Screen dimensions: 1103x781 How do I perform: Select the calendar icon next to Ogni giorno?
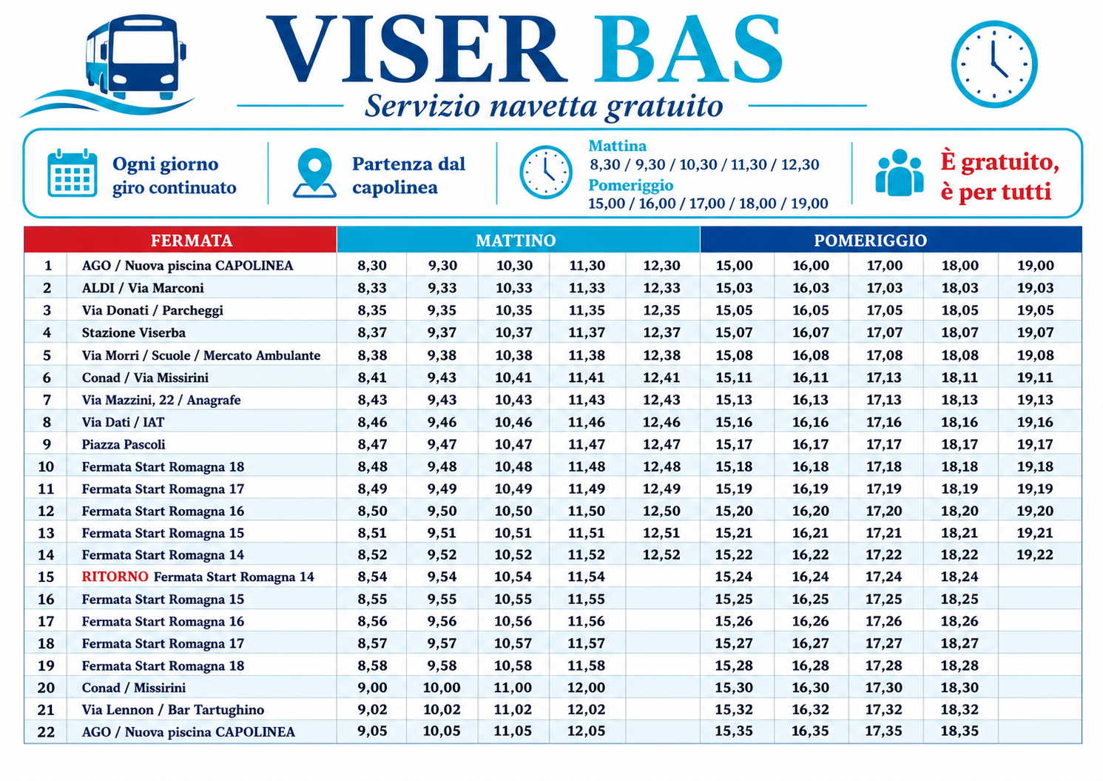coord(72,173)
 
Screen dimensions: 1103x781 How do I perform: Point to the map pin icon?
coord(314,173)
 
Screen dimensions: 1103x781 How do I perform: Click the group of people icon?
coord(899,173)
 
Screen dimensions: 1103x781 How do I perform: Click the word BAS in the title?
coord(688,50)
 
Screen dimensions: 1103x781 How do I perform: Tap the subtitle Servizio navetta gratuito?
coord(544,107)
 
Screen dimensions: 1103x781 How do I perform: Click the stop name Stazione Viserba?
coord(133,332)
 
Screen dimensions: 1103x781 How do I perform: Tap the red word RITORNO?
coord(115,577)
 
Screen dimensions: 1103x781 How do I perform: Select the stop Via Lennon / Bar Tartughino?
coord(173,709)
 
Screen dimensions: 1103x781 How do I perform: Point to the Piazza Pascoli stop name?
coord(123,444)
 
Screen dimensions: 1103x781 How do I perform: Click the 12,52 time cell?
coord(661,554)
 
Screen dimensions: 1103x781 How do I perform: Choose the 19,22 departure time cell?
coord(1035,554)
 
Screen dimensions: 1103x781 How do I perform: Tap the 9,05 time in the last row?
coord(372,731)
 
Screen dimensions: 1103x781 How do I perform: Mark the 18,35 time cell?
coord(959,731)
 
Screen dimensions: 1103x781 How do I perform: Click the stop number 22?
coord(47,731)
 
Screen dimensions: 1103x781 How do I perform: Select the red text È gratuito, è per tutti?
coord(999,176)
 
